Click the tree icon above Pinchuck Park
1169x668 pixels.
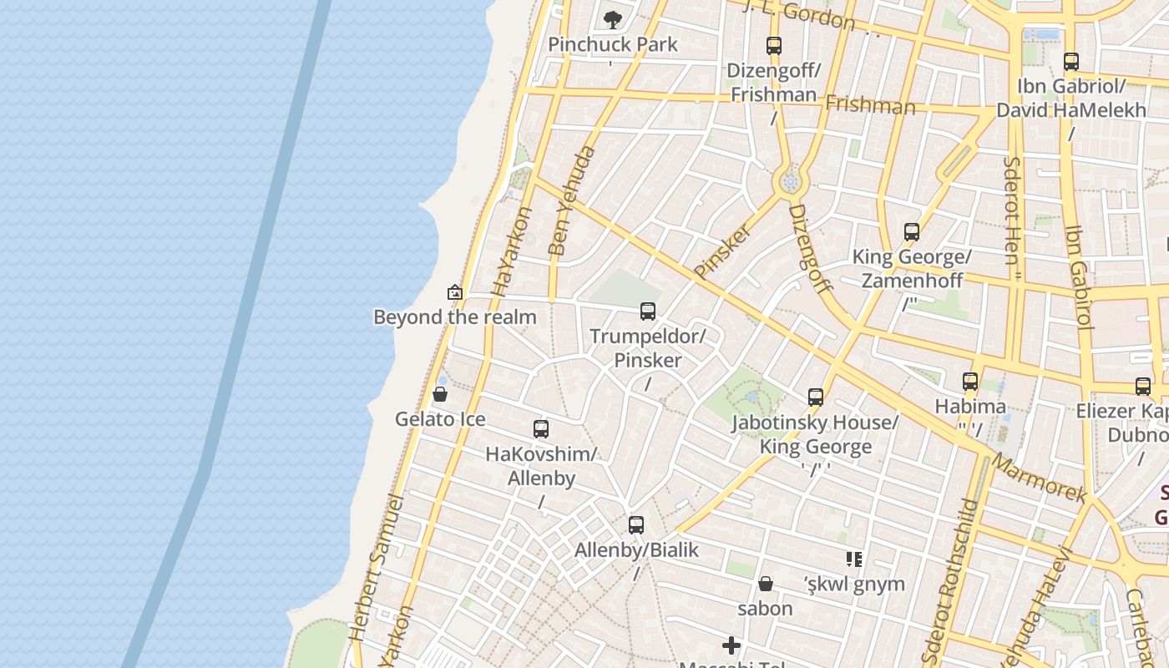point(613,18)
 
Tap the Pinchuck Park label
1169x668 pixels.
point(613,44)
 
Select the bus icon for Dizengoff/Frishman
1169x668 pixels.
point(774,46)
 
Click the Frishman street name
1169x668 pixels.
point(870,105)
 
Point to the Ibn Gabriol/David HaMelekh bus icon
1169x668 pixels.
point(1071,62)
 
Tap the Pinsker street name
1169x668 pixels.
point(723,250)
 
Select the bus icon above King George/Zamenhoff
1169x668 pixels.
point(912,232)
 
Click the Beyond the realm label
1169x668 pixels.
point(455,317)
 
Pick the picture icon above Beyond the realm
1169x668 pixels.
point(455,292)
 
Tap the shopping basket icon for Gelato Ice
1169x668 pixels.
point(440,394)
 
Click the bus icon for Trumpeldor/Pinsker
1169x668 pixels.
point(648,311)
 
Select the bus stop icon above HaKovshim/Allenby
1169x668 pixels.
point(541,429)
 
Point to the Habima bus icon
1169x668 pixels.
point(970,382)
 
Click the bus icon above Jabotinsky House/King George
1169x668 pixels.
point(816,397)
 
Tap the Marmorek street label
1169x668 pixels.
point(1040,478)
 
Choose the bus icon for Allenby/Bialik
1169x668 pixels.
point(636,525)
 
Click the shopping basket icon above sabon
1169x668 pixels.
point(766,584)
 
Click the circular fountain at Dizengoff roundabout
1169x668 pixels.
point(790,181)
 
